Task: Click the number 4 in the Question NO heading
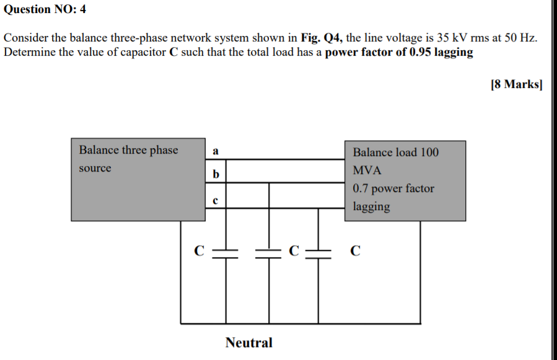82,9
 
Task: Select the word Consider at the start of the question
25,38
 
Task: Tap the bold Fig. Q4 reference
322,38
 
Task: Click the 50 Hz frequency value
520,38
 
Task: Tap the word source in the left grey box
95,169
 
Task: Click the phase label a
215,151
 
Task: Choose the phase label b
215,175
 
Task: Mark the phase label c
215,200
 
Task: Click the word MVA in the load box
367,170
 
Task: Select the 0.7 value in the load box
361,188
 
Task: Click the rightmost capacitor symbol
318,251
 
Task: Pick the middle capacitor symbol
269,251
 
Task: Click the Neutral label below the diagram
248,343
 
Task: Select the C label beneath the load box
354,251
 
